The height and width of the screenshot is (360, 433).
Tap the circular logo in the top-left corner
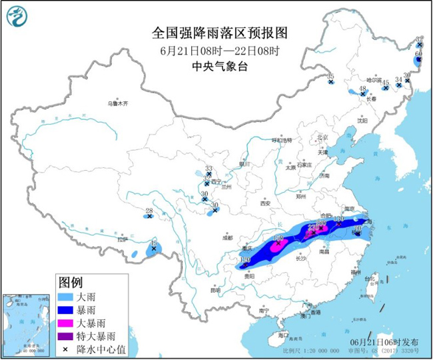20,20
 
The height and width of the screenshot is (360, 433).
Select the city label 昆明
215,290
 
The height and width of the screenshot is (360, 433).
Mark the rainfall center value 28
149,211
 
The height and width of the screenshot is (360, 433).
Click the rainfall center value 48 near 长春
363,89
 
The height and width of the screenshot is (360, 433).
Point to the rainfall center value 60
419,53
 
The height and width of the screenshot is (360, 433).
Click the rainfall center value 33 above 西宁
208,169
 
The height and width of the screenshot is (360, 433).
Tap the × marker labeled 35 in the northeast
330,83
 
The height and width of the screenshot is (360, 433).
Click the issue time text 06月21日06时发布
385,341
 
